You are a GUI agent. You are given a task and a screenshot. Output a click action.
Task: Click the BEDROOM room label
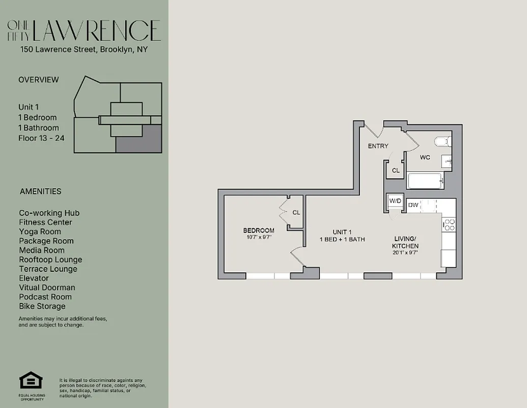[x=259, y=231]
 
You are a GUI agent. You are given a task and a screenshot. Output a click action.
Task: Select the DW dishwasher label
[x=413, y=205]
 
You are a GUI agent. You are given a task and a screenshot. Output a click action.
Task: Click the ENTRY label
[x=378, y=146]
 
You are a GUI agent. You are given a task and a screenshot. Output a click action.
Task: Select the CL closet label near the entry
[x=395, y=171]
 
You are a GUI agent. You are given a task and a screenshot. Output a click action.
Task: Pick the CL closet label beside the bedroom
[x=296, y=213]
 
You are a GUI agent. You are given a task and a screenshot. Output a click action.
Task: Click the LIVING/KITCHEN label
[x=405, y=242]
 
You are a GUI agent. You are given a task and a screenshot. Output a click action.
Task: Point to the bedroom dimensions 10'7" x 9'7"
[x=259, y=237]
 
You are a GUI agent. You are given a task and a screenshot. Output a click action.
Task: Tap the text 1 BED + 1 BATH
[x=342, y=239]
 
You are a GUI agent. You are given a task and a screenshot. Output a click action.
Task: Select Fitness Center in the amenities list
[x=45, y=222]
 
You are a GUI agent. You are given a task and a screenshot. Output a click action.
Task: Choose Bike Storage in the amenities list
[x=42, y=306]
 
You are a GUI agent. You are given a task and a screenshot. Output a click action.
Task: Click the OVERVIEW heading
[x=39, y=80]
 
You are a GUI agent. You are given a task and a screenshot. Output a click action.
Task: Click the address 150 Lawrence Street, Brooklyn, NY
[x=84, y=50]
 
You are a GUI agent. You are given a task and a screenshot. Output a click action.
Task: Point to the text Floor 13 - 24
[x=41, y=138]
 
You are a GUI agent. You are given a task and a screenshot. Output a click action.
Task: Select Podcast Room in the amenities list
[x=45, y=297]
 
